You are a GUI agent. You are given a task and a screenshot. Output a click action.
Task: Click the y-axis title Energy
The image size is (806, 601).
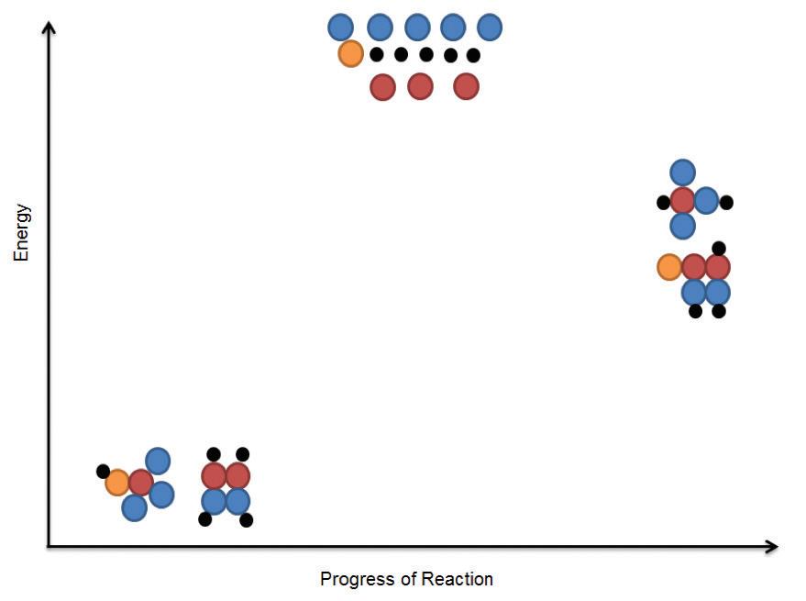(x=22, y=233)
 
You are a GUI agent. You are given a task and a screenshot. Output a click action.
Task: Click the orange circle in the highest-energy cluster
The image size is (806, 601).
(x=350, y=53)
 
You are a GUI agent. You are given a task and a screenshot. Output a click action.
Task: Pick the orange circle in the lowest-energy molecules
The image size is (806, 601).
(x=117, y=482)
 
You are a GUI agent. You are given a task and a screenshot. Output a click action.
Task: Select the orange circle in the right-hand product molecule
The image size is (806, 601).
(x=670, y=267)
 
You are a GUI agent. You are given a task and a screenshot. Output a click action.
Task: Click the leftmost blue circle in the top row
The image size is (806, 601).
(x=340, y=28)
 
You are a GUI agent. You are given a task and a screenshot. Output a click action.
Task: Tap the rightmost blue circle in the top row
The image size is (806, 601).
(x=490, y=28)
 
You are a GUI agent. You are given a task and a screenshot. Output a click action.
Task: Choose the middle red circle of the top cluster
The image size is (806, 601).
(x=420, y=86)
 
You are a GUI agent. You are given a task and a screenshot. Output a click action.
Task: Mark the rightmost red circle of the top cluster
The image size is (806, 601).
(x=466, y=86)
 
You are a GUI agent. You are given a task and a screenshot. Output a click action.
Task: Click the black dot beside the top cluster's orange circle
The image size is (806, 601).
(x=376, y=54)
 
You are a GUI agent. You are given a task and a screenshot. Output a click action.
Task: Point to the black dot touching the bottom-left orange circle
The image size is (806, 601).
(x=103, y=472)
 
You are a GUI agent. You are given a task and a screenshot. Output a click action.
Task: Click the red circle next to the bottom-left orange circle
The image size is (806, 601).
(x=140, y=482)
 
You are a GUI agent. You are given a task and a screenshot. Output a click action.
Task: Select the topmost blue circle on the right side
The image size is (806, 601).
(x=682, y=172)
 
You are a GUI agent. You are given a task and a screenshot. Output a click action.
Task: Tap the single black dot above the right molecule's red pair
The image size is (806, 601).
(x=719, y=248)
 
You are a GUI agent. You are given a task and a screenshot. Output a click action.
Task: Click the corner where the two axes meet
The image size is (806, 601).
(x=50, y=547)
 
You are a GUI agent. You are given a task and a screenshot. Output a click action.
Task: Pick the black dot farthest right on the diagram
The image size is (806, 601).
(x=726, y=202)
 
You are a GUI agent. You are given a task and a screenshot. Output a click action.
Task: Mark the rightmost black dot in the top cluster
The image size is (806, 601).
(x=473, y=55)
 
